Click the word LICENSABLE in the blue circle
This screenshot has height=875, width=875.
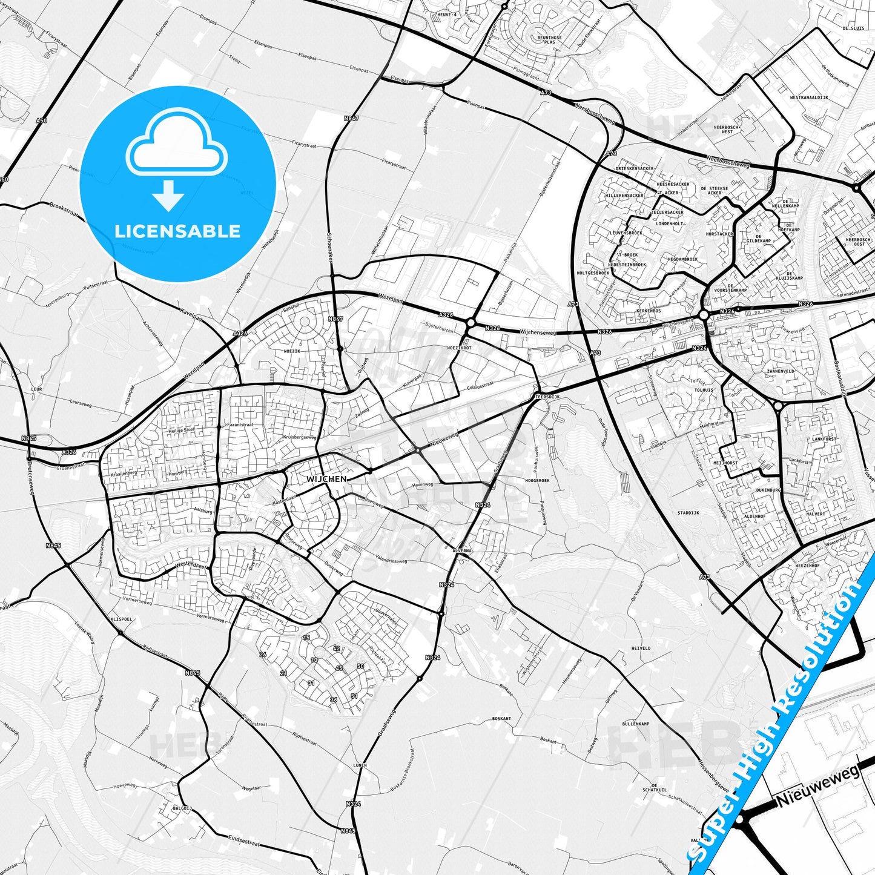177,231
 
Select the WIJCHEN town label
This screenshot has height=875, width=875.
326,479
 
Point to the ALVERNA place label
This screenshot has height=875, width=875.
462,550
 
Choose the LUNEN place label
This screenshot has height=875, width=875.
360,765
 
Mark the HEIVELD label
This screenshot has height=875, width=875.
641,648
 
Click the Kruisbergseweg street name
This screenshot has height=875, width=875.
300,437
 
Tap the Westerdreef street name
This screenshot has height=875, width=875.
191,564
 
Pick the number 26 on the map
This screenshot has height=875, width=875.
263,655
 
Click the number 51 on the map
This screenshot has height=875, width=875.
354,696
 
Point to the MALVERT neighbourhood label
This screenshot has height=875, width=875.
815,513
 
